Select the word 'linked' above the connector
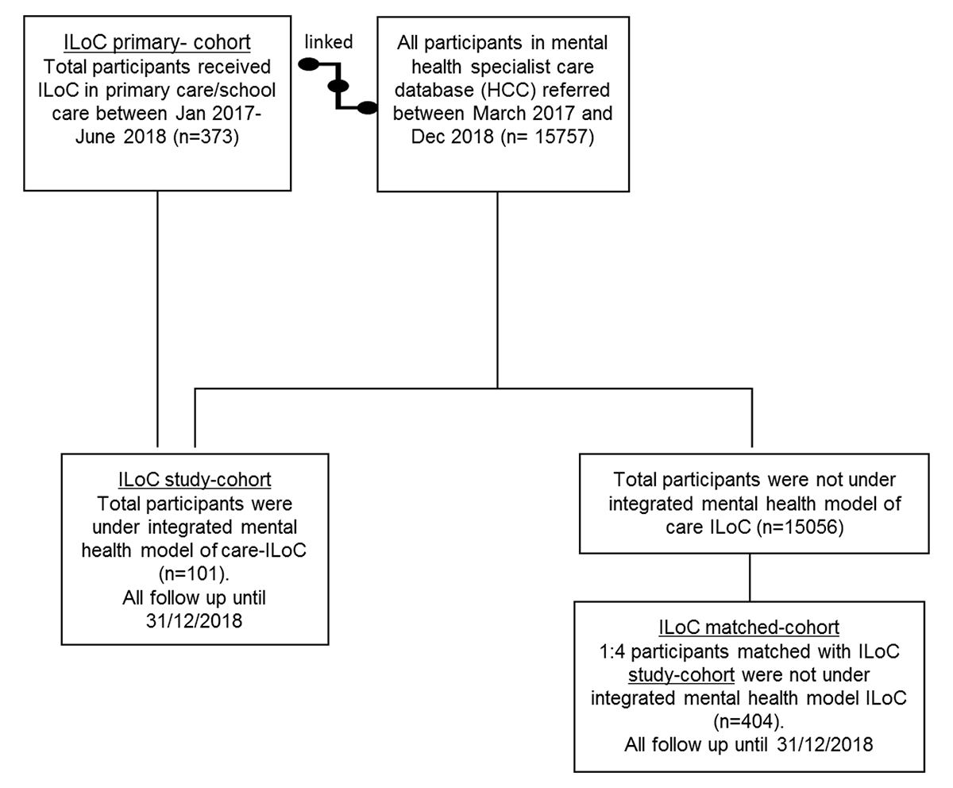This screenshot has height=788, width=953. (x=329, y=41)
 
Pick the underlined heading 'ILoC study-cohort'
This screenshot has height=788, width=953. (x=195, y=479)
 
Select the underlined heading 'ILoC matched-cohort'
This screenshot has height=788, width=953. (x=749, y=627)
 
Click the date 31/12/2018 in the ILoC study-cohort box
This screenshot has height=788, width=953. (x=195, y=620)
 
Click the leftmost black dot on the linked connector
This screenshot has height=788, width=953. (x=308, y=64)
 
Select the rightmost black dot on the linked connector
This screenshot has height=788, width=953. (x=368, y=108)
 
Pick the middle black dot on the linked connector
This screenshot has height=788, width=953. (x=338, y=86)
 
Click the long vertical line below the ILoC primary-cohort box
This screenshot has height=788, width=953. (x=157, y=318)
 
